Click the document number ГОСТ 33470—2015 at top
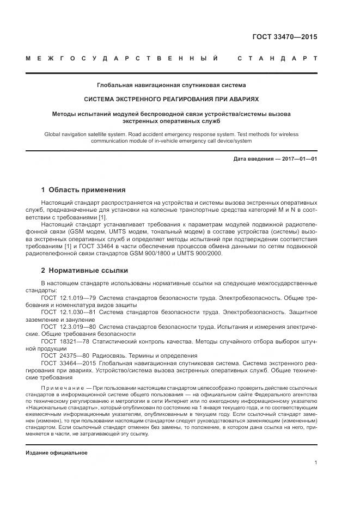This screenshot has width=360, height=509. click(284, 38)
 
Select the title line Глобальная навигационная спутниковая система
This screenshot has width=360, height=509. click(172, 85)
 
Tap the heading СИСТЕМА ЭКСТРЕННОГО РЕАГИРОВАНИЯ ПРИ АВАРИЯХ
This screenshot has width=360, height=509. click(171, 100)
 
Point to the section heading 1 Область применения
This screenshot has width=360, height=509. click(83, 190)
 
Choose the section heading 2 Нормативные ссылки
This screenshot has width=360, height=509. click(84, 270)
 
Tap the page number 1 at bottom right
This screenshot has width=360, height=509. click(316, 463)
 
